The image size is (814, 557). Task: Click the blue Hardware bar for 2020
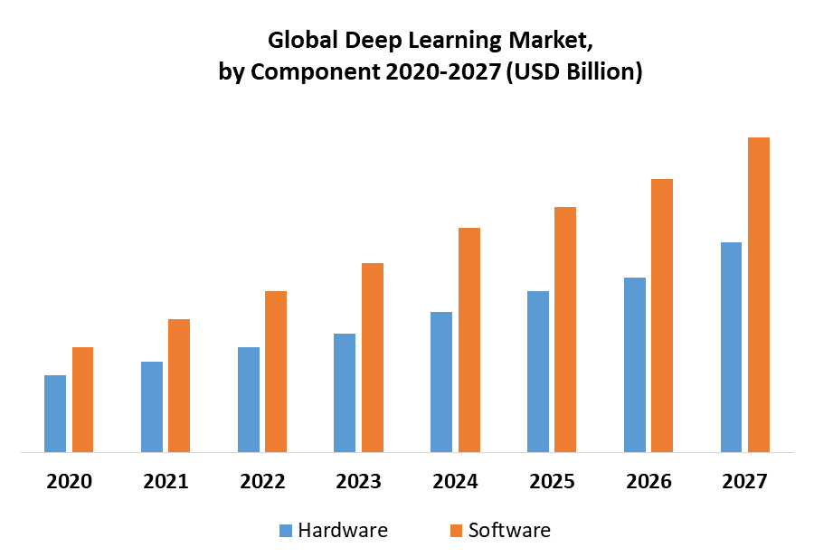(55, 413)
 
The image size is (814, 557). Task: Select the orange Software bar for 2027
(759, 295)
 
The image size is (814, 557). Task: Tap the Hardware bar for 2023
(345, 392)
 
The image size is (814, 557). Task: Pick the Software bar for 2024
(469, 340)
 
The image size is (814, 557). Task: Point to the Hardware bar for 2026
(635, 364)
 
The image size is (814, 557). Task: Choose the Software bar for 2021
(179, 385)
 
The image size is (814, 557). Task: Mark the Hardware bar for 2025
(538, 372)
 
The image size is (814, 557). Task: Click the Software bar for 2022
(276, 372)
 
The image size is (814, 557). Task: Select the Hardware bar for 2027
(732, 347)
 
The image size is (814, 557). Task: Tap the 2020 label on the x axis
(69, 482)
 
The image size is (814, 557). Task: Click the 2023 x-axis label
(358, 482)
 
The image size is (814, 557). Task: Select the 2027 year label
(744, 482)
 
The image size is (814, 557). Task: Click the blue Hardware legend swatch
(286, 530)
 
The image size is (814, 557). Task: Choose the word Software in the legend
(509, 530)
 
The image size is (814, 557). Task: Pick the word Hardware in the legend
(343, 530)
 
